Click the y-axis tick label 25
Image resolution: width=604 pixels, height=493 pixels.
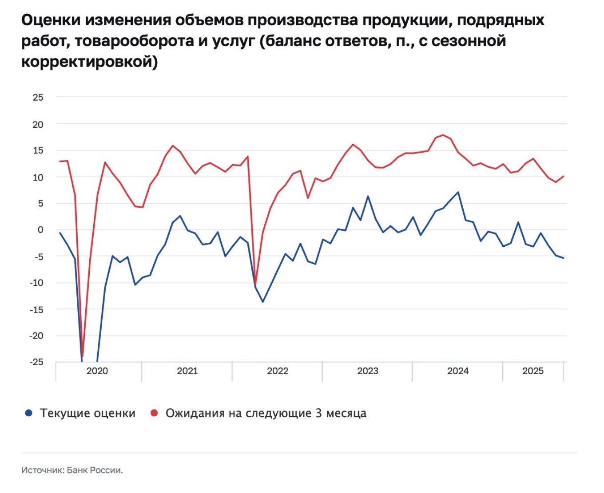coord(38,97)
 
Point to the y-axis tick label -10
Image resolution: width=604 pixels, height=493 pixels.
coord(36,283)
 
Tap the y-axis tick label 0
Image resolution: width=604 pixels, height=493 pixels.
coord(40,230)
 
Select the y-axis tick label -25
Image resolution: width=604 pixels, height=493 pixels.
coord(36,362)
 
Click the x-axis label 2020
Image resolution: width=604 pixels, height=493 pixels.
coord(97,371)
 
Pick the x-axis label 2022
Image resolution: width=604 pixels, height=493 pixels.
coord(278,371)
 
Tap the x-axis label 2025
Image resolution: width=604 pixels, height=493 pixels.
coord(532,371)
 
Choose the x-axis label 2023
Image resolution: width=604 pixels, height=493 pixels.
coord(368,371)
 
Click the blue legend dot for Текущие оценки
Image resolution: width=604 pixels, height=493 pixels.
coord(29,413)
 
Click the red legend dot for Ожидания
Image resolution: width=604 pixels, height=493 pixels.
coord(155,413)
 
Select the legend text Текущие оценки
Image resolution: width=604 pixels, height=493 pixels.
coord(87,413)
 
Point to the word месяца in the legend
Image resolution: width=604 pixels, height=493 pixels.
coord(346,413)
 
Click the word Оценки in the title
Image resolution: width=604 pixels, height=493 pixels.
coord(51,20)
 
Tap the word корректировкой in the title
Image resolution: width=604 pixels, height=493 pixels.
coord(89,62)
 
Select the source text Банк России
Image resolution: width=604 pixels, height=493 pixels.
coord(95,470)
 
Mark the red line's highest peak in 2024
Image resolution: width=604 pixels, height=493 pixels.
coord(443,135)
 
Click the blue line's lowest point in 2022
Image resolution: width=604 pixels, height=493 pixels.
coord(262,302)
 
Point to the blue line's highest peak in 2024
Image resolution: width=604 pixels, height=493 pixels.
coord(458,192)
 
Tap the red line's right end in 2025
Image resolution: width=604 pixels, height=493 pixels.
coord(563,176)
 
